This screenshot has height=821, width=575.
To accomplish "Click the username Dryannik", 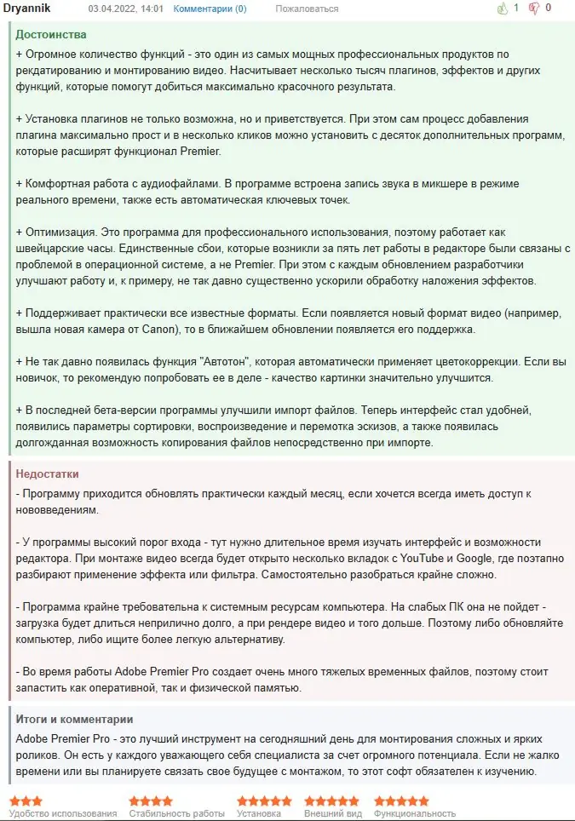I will click(32, 9).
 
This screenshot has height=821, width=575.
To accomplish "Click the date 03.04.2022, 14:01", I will click(125, 9).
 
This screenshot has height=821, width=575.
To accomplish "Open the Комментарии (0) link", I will click(210, 9).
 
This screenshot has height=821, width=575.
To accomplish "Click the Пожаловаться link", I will click(307, 9).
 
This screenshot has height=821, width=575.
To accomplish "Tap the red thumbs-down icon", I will click(534, 9).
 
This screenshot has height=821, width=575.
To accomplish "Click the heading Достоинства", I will click(51, 35).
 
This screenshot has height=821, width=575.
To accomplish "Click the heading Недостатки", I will click(49, 474).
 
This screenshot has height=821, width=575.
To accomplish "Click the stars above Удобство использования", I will click(26, 801).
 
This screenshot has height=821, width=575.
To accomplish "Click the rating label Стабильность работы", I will click(177, 813).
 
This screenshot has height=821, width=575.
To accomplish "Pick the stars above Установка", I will click(264, 801).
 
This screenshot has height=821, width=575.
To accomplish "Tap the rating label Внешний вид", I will click(333, 813).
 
